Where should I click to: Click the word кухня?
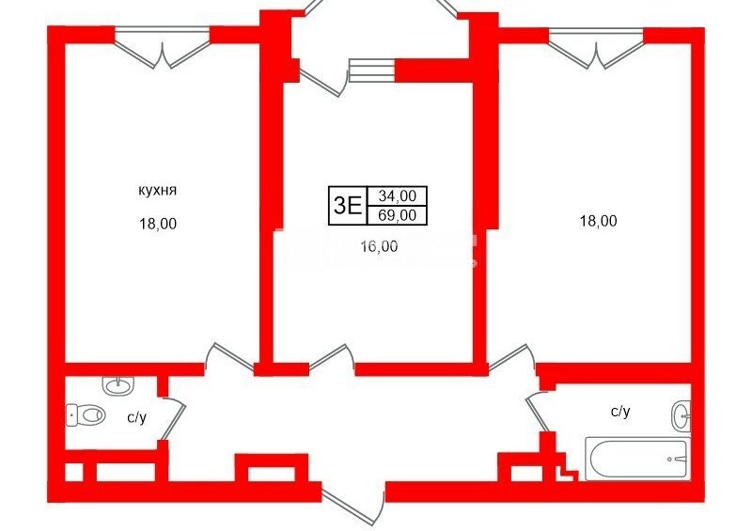157,191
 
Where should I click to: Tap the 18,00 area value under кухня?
158,224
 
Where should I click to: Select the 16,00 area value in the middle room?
380,246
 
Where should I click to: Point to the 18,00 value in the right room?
599,221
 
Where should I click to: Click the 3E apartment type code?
347,206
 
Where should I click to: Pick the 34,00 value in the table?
397,195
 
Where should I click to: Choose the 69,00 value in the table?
397,215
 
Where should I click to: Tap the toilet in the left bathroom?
85,414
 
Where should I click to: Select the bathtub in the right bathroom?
637,459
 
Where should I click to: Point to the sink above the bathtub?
681,414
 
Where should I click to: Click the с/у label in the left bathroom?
136,418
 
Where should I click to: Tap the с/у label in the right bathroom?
620,411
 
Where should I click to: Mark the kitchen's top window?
162,47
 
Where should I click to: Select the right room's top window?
596,47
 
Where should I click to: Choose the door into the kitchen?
229,358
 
